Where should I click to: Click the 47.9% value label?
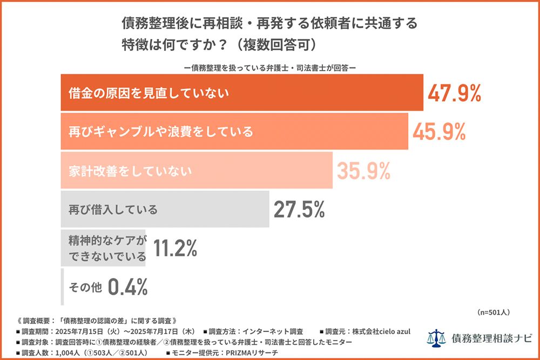point(454,93)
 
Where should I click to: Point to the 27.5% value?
point(299,209)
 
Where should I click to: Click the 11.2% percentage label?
point(175,248)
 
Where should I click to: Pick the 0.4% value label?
point(128,287)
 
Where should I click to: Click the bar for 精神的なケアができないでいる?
point(103,248)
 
